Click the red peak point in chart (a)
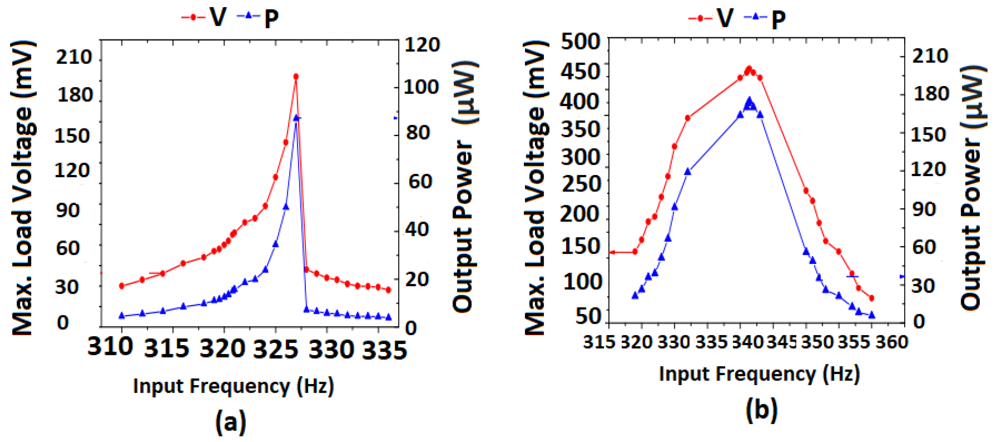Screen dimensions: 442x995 [296, 77]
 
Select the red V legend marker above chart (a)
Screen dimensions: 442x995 [193, 17]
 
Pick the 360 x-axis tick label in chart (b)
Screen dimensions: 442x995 [891, 342]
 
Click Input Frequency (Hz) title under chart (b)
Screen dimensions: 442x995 [759, 374]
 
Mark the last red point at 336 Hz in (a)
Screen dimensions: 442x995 [388, 290]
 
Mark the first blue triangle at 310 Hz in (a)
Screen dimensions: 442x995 [122, 316]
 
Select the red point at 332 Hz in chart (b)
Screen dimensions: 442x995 [688, 118]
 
